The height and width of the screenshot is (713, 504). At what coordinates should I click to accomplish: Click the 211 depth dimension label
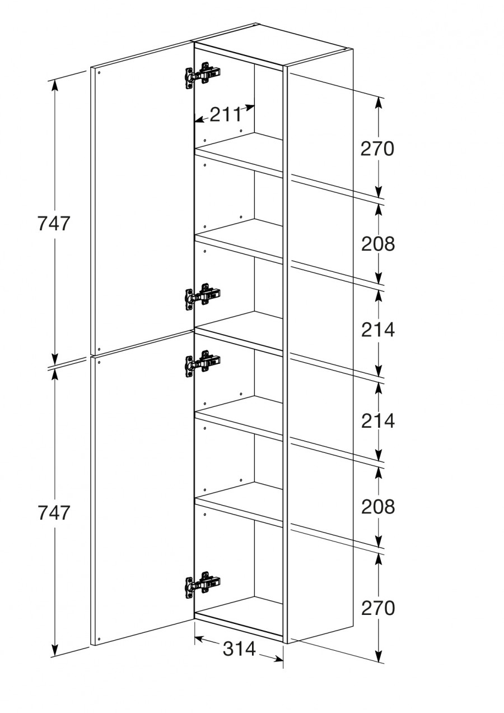pyautogui.click(x=226, y=115)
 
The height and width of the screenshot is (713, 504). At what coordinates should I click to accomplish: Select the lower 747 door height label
pyautogui.click(x=53, y=513)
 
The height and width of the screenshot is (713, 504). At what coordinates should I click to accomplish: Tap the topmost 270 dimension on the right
pyautogui.click(x=377, y=149)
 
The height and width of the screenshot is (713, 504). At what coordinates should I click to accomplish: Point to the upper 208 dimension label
pyautogui.click(x=378, y=244)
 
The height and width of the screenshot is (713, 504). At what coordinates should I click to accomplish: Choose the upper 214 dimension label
pyautogui.click(x=378, y=330)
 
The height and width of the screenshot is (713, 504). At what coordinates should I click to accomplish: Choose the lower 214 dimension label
pyautogui.click(x=378, y=421)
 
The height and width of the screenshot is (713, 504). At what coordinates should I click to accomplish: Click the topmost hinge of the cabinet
pyautogui.click(x=203, y=76)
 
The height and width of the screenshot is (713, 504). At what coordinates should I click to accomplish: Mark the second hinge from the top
pyautogui.click(x=203, y=296)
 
